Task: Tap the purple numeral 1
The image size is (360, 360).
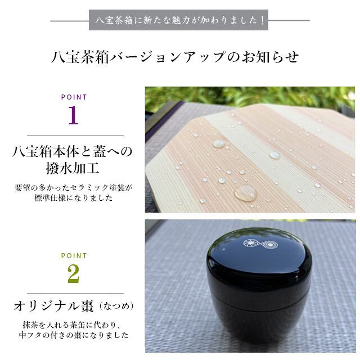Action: [73, 116]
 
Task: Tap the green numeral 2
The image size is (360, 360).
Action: [73, 274]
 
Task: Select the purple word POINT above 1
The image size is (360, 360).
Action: [74, 97]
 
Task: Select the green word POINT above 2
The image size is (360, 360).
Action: [74, 256]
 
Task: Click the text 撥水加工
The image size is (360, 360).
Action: [73, 168]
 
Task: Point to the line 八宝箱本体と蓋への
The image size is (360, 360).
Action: [73, 151]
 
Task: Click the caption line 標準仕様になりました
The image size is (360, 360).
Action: [73, 199]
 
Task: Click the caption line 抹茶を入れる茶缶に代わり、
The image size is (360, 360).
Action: [73, 325]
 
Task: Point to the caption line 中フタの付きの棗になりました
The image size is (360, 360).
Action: [73, 336]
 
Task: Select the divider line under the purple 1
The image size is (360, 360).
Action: [73, 135]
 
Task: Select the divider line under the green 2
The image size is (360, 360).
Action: [73, 293]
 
